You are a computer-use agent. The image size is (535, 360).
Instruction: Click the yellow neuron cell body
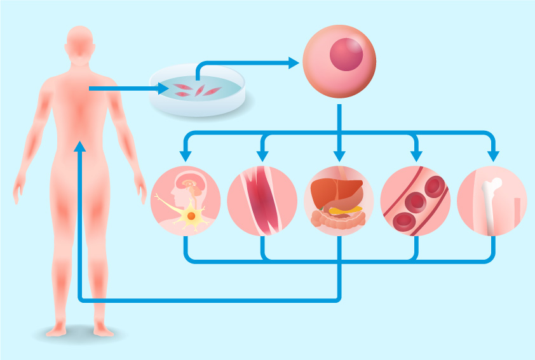190,217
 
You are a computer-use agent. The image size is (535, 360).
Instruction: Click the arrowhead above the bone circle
492,156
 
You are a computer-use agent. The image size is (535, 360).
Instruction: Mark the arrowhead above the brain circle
186,156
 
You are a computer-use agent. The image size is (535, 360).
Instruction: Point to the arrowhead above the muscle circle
262,156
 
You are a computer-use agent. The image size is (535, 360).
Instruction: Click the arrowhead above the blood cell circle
416,156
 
